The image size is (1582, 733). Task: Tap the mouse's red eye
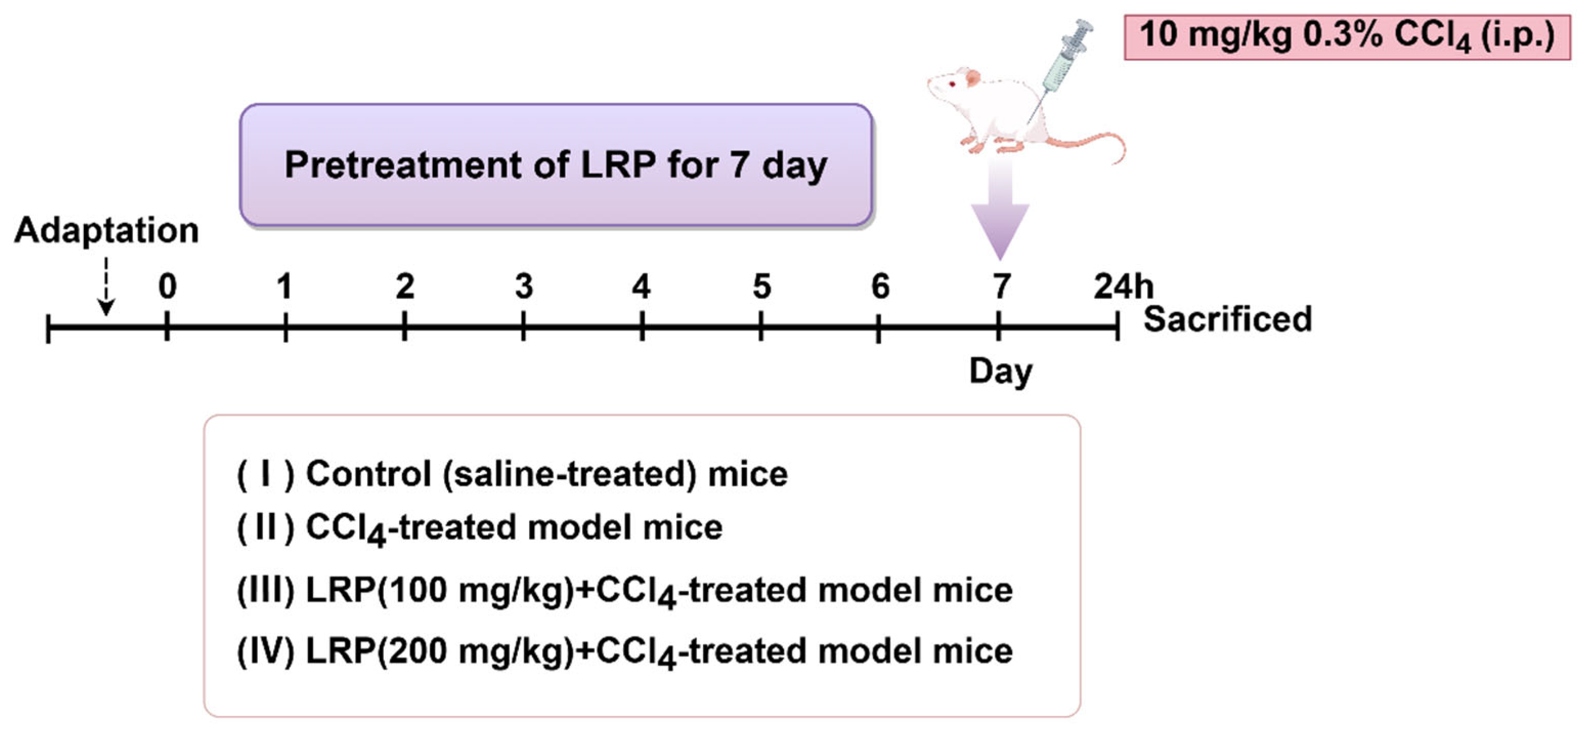(953, 84)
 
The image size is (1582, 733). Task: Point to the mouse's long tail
(1087, 142)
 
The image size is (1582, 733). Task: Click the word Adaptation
(106, 230)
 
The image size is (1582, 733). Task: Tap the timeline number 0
(167, 286)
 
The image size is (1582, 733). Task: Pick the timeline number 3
(524, 286)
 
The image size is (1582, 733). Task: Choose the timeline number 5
(761, 286)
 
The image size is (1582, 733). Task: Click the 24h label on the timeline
(1123, 286)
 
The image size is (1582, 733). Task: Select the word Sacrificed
(1227, 319)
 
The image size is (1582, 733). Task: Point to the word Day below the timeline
(1000, 372)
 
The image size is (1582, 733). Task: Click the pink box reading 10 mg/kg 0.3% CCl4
(1347, 37)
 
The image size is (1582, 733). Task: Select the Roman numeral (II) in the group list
(266, 527)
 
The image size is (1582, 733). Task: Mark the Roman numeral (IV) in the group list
(266, 651)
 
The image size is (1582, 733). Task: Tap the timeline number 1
(284, 286)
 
